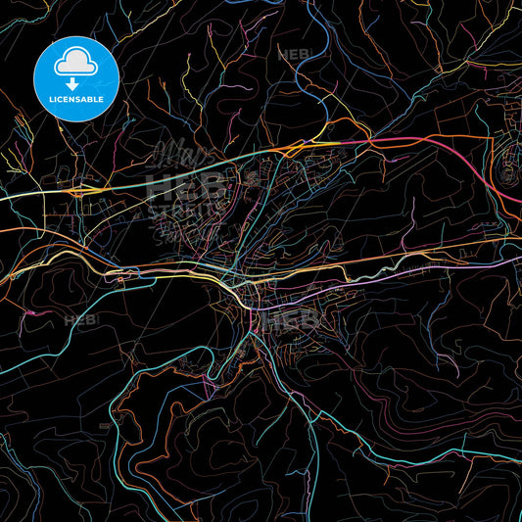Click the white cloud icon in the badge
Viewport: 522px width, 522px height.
(75, 63)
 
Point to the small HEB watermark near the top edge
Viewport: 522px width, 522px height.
(294, 54)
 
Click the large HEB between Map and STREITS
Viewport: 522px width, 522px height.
(184, 184)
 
